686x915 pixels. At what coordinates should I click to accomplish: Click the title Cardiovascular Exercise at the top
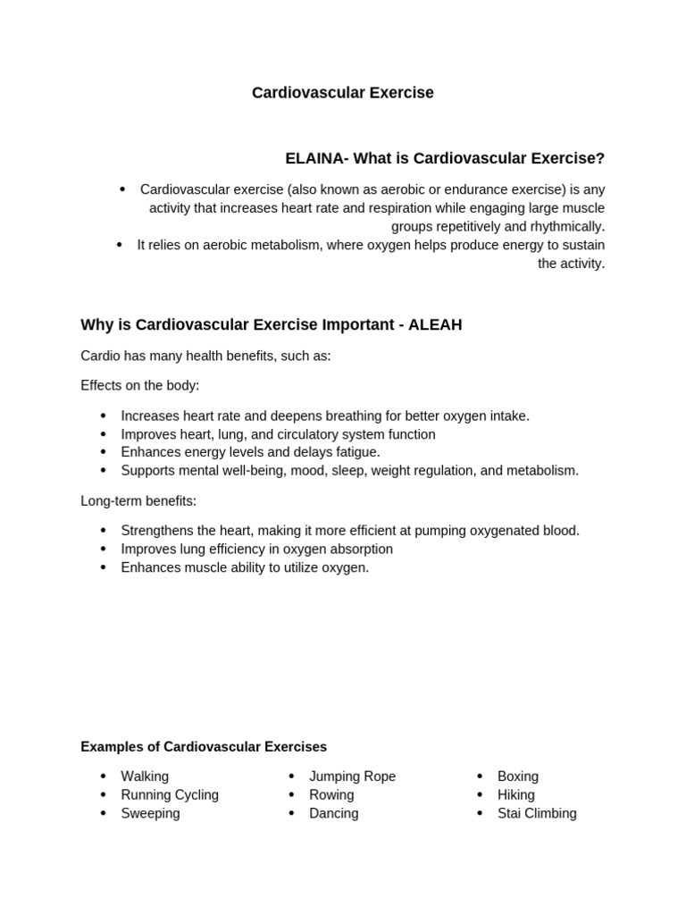(x=342, y=93)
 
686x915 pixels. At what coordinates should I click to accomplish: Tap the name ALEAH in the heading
(x=435, y=325)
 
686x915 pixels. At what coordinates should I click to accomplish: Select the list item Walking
(x=145, y=776)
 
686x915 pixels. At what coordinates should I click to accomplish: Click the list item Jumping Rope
(x=352, y=776)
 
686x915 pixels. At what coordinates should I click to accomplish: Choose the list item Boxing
(x=517, y=776)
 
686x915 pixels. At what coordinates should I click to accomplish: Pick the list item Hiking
(x=515, y=795)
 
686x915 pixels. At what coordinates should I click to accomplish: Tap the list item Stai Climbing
(x=537, y=814)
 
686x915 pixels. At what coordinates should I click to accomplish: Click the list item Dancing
(x=333, y=814)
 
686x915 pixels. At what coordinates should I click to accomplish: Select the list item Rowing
(x=331, y=795)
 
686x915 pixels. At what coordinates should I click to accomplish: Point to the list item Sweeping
(x=150, y=814)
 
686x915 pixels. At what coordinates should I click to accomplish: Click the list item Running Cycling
(x=170, y=795)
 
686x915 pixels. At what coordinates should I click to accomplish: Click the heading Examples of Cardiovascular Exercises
(x=204, y=747)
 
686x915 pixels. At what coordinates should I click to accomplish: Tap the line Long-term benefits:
(x=138, y=501)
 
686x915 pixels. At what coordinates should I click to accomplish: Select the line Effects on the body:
(x=140, y=386)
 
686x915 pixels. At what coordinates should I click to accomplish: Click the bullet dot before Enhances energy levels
(x=103, y=452)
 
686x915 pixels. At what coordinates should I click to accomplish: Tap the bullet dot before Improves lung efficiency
(x=103, y=550)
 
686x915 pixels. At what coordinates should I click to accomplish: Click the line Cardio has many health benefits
(x=205, y=357)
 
